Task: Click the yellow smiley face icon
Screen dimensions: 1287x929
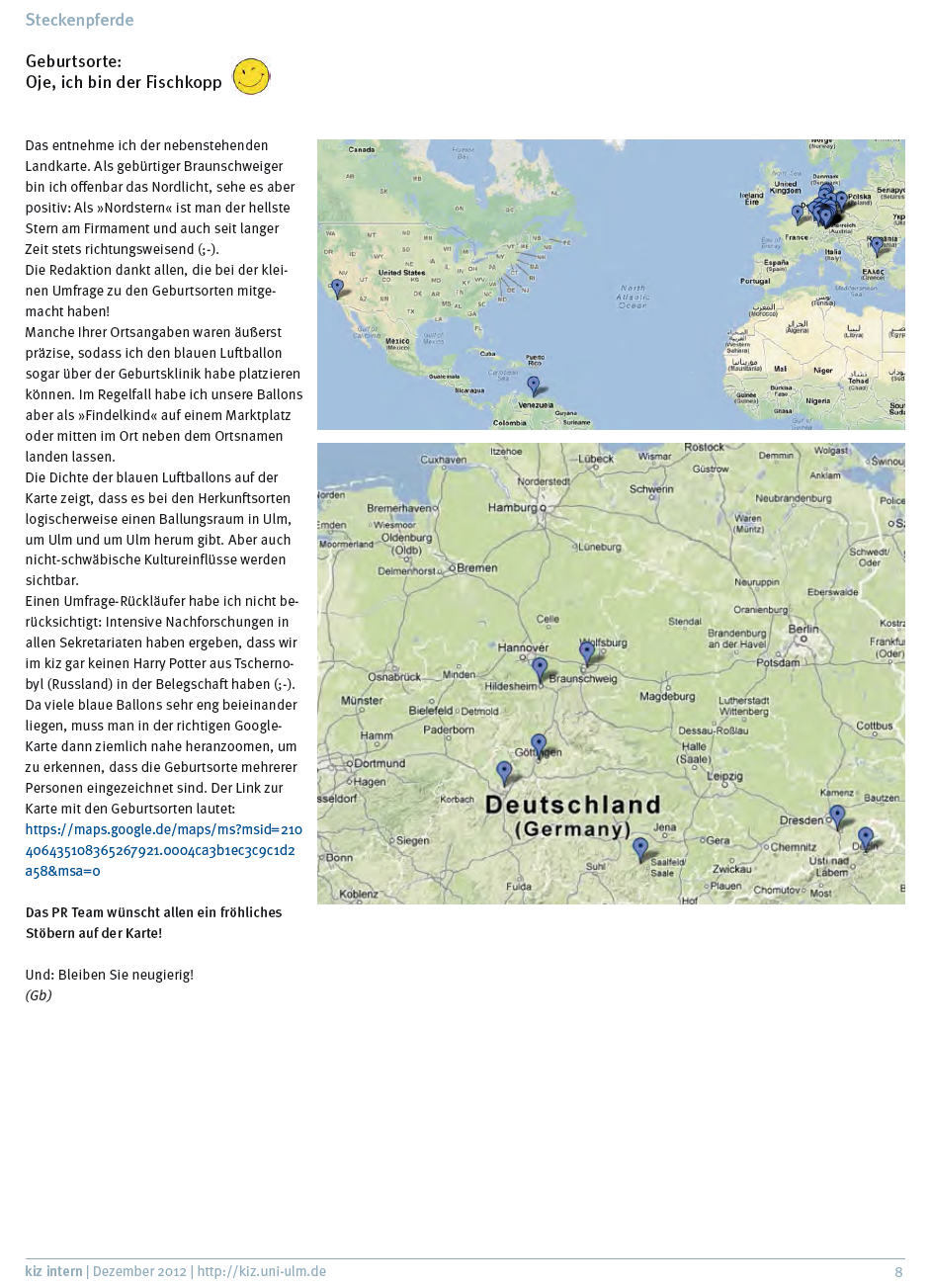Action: coord(251,76)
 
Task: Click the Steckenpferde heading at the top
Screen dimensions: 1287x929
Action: coord(79,20)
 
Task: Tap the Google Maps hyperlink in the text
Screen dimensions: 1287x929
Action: coord(163,850)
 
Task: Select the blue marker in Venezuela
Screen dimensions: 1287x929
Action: coord(534,385)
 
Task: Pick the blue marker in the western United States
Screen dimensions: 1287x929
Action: coord(338,288)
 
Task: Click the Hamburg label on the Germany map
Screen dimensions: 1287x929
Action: coord(511,507)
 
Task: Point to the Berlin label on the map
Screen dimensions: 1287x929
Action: coord(802,629)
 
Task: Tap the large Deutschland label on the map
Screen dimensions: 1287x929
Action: coord(573,805)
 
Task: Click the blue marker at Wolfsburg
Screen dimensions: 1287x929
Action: coord(587,651)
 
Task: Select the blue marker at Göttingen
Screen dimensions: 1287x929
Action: coord(539,743)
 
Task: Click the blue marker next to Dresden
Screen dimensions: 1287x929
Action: coord(837,815)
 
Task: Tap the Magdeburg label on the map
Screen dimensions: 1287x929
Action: coord(667,696)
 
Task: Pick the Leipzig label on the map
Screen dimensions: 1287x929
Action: coord(724,776)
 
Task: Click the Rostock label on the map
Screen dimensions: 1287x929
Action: coord(704,448)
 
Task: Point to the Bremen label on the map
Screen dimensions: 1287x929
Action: coord(477,567)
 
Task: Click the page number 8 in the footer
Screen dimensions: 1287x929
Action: coord(898,1272)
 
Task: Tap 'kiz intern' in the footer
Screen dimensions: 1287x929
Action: coord(53,1271)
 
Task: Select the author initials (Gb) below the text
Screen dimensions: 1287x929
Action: coord(39,995)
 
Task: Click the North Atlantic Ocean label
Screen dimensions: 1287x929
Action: coord(632,297)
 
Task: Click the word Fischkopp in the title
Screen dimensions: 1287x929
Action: coord(184,82)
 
